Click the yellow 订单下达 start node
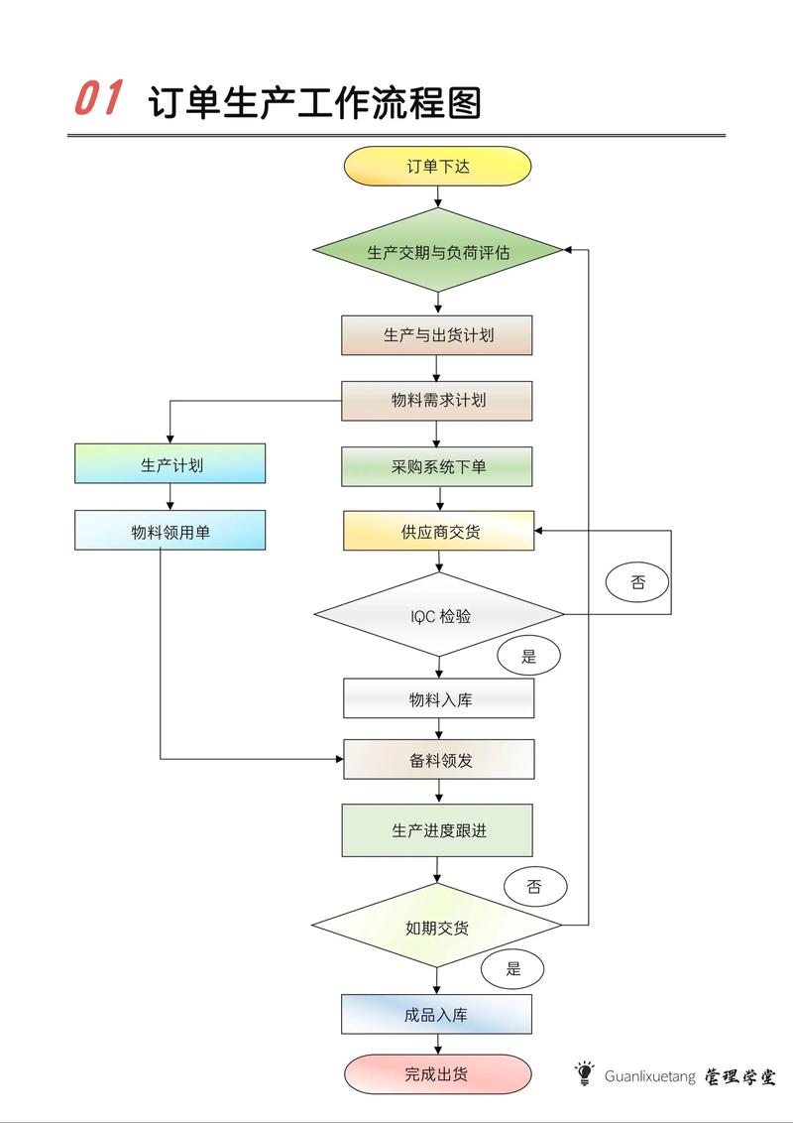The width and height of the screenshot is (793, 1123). pyautogui.click(x=437, y=166)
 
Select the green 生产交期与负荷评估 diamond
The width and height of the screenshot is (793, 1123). pyautogui.click(x=438, y=251)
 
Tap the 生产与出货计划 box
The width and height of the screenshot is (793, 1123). pyautogui.click(x=437, y=335)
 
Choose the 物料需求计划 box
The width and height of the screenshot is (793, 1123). pyautogui.click(x=437, y=401)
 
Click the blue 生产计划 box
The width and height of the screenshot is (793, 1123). pyautogui.click(x=170, y=463)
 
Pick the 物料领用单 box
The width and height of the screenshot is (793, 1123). pyautogui.click(x=170, y=530)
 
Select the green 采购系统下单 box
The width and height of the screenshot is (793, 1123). pyautogui.click(x=437, y=466)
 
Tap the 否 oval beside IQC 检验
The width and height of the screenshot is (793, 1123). pyautogui.click(x=637, y=582)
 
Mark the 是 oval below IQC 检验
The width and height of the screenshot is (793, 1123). pyautogui.click(x=528, y=656)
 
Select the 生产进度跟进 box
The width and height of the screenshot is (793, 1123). pyautogui.click(x=437, y=830)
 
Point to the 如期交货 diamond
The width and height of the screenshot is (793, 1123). pyautogui.click(x=437, y=928)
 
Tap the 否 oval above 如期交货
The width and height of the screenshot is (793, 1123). pyautogui.click(x=534, y=886)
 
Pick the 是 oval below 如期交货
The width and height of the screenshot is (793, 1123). pyautogui.click(x=512, y=969)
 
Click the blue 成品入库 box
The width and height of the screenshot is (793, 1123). pyautogui.click(x=437, y=1014)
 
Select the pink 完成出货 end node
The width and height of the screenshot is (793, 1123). pyautogui.click(x=437, y=1073)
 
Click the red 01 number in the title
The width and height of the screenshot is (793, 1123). pyautogui.click(x=98, y=99)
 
